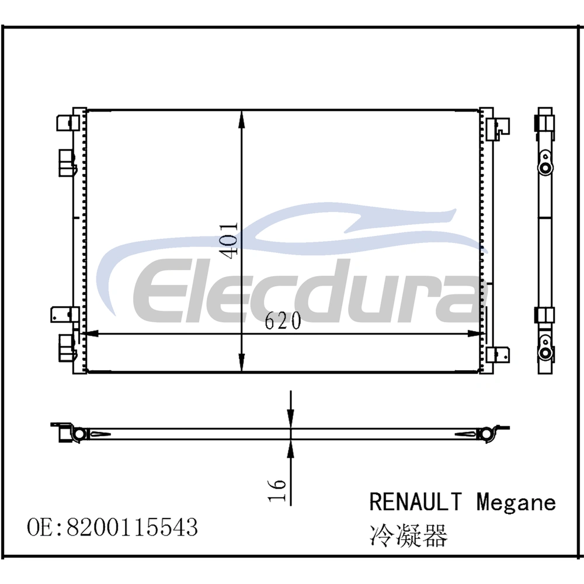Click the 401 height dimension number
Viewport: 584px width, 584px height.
228,240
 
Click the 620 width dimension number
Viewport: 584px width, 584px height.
283,321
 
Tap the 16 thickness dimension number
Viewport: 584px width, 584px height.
277,490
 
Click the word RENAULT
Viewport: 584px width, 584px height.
416,502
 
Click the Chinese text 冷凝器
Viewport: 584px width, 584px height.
408,536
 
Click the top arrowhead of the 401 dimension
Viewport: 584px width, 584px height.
241,120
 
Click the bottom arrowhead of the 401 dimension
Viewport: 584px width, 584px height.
241,363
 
